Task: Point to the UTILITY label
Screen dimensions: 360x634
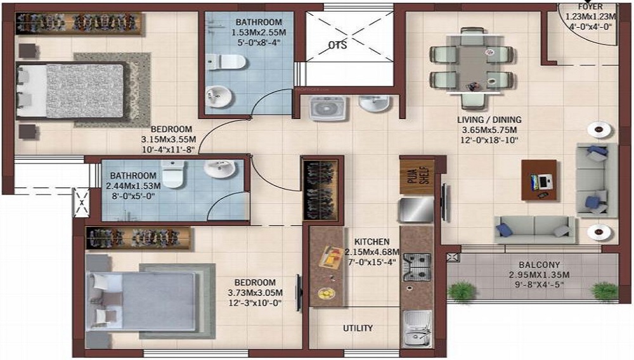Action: pyautogui.click(x=358, y=328)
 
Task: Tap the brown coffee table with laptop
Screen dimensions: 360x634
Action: pyautogui.click(x=539, y=180)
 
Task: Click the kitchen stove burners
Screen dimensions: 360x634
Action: pyautogui.click(x=417, y=267)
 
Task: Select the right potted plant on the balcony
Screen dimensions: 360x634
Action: pyautogui.click(x=604, y=290)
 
